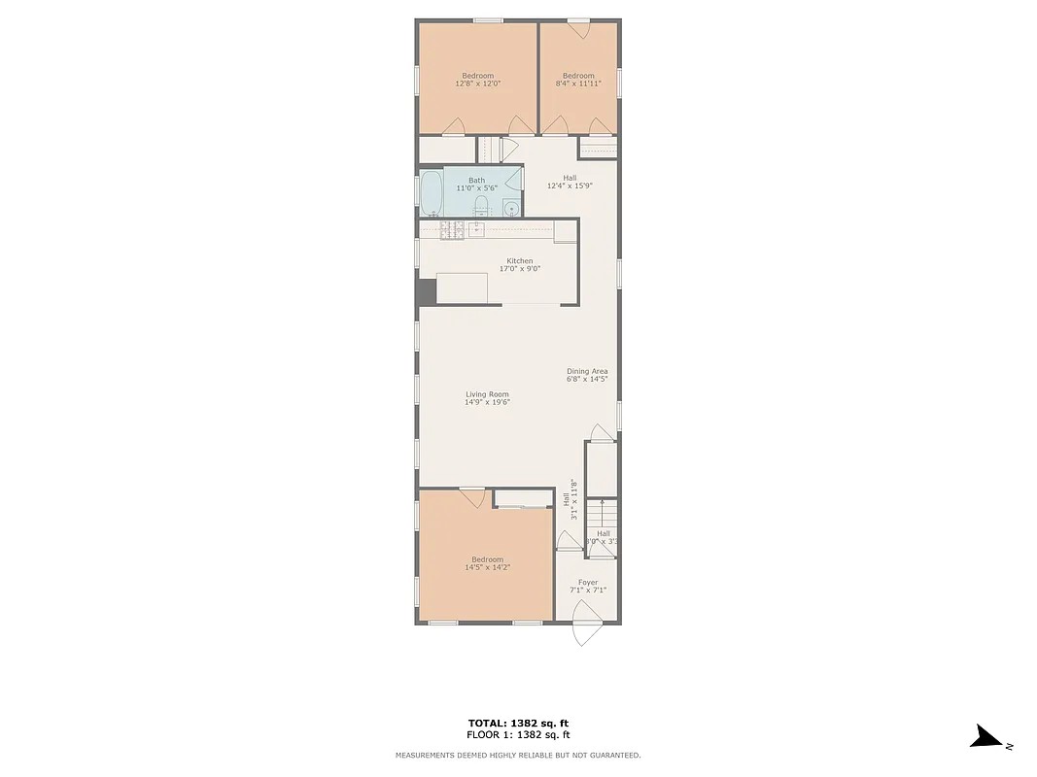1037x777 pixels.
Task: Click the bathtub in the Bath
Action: point(432,194)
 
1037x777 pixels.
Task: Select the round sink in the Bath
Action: point(511,208)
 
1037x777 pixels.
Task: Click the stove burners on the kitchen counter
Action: point(451,230)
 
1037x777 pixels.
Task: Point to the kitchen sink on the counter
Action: point(476,230)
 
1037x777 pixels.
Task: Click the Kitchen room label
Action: point(519,260)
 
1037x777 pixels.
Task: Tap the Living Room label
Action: point(487,394)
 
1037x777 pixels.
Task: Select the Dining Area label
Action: point(587,371)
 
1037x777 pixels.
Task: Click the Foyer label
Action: point(588,583)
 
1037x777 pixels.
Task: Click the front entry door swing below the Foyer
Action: point(586,624)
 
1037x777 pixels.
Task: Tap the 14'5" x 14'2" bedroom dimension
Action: point(487,567)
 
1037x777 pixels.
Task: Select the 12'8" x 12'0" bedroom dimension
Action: point(477,84)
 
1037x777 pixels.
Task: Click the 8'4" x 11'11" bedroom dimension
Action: point(578,84)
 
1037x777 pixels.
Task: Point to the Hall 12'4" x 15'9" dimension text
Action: point(570,186)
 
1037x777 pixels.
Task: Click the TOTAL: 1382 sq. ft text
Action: point(518,723)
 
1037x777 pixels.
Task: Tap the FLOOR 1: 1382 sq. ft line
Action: point(518,734)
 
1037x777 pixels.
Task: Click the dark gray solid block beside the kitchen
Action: point(426,292)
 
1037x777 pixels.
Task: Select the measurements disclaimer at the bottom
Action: point(518,755)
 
